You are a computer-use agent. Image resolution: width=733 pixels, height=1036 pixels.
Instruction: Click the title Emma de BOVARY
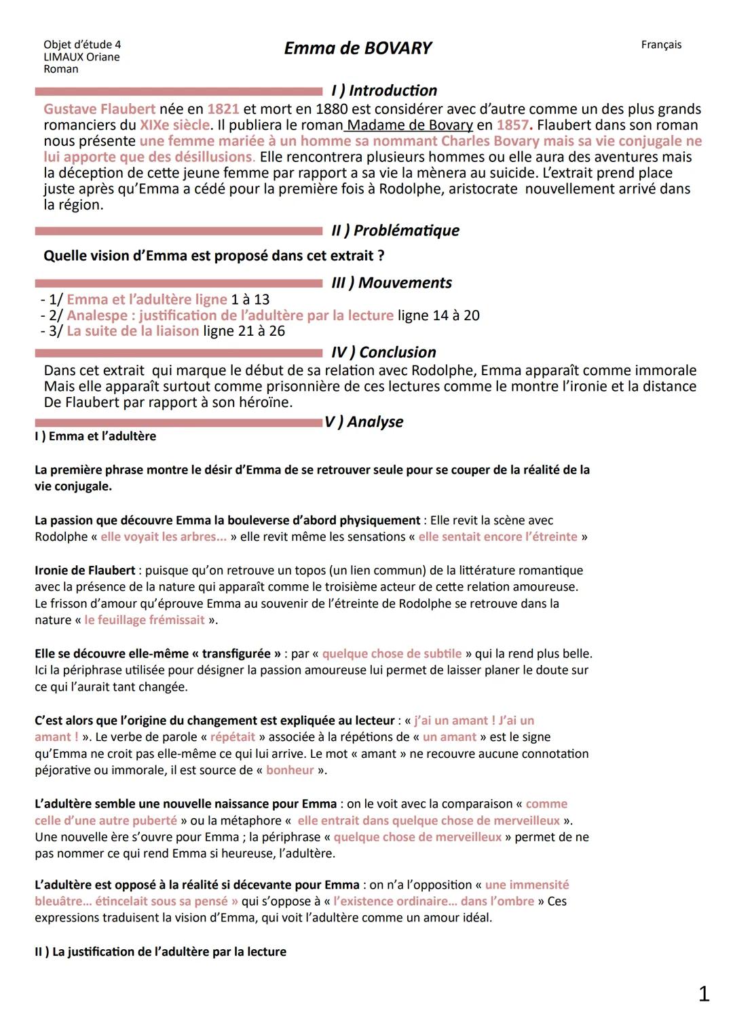[358, 48]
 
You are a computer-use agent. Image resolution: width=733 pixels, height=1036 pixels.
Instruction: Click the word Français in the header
[660, 45]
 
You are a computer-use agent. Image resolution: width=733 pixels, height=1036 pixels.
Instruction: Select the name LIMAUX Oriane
[81, 57]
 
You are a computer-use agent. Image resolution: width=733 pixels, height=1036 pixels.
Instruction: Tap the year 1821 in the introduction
[223, 109]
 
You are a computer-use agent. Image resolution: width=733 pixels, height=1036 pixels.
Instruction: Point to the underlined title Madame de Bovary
[409, 125]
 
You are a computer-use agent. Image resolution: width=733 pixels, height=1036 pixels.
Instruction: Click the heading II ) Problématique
[395, 231]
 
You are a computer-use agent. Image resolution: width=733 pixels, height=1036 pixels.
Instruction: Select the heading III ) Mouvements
[392, 283]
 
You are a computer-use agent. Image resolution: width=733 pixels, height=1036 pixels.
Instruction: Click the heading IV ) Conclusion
[383, 352]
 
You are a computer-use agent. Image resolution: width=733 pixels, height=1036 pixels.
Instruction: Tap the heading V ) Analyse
[364, 422]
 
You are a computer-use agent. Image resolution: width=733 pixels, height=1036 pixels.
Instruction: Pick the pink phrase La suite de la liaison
[132, 331]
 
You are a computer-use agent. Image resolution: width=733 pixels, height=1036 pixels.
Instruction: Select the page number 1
[704, 994]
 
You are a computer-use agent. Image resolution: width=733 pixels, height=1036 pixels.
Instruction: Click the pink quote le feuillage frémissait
[145, 620]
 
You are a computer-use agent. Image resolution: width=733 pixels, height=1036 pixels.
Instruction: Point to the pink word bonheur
[290, 770]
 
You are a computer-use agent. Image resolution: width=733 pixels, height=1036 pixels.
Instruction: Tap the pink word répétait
[233, 737]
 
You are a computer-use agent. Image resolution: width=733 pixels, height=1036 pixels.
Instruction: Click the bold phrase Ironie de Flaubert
[85, 571]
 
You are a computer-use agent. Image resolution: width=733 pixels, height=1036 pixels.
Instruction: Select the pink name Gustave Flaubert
[99, 109]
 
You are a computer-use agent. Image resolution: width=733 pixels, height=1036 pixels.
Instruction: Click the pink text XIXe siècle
[174, 125]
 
